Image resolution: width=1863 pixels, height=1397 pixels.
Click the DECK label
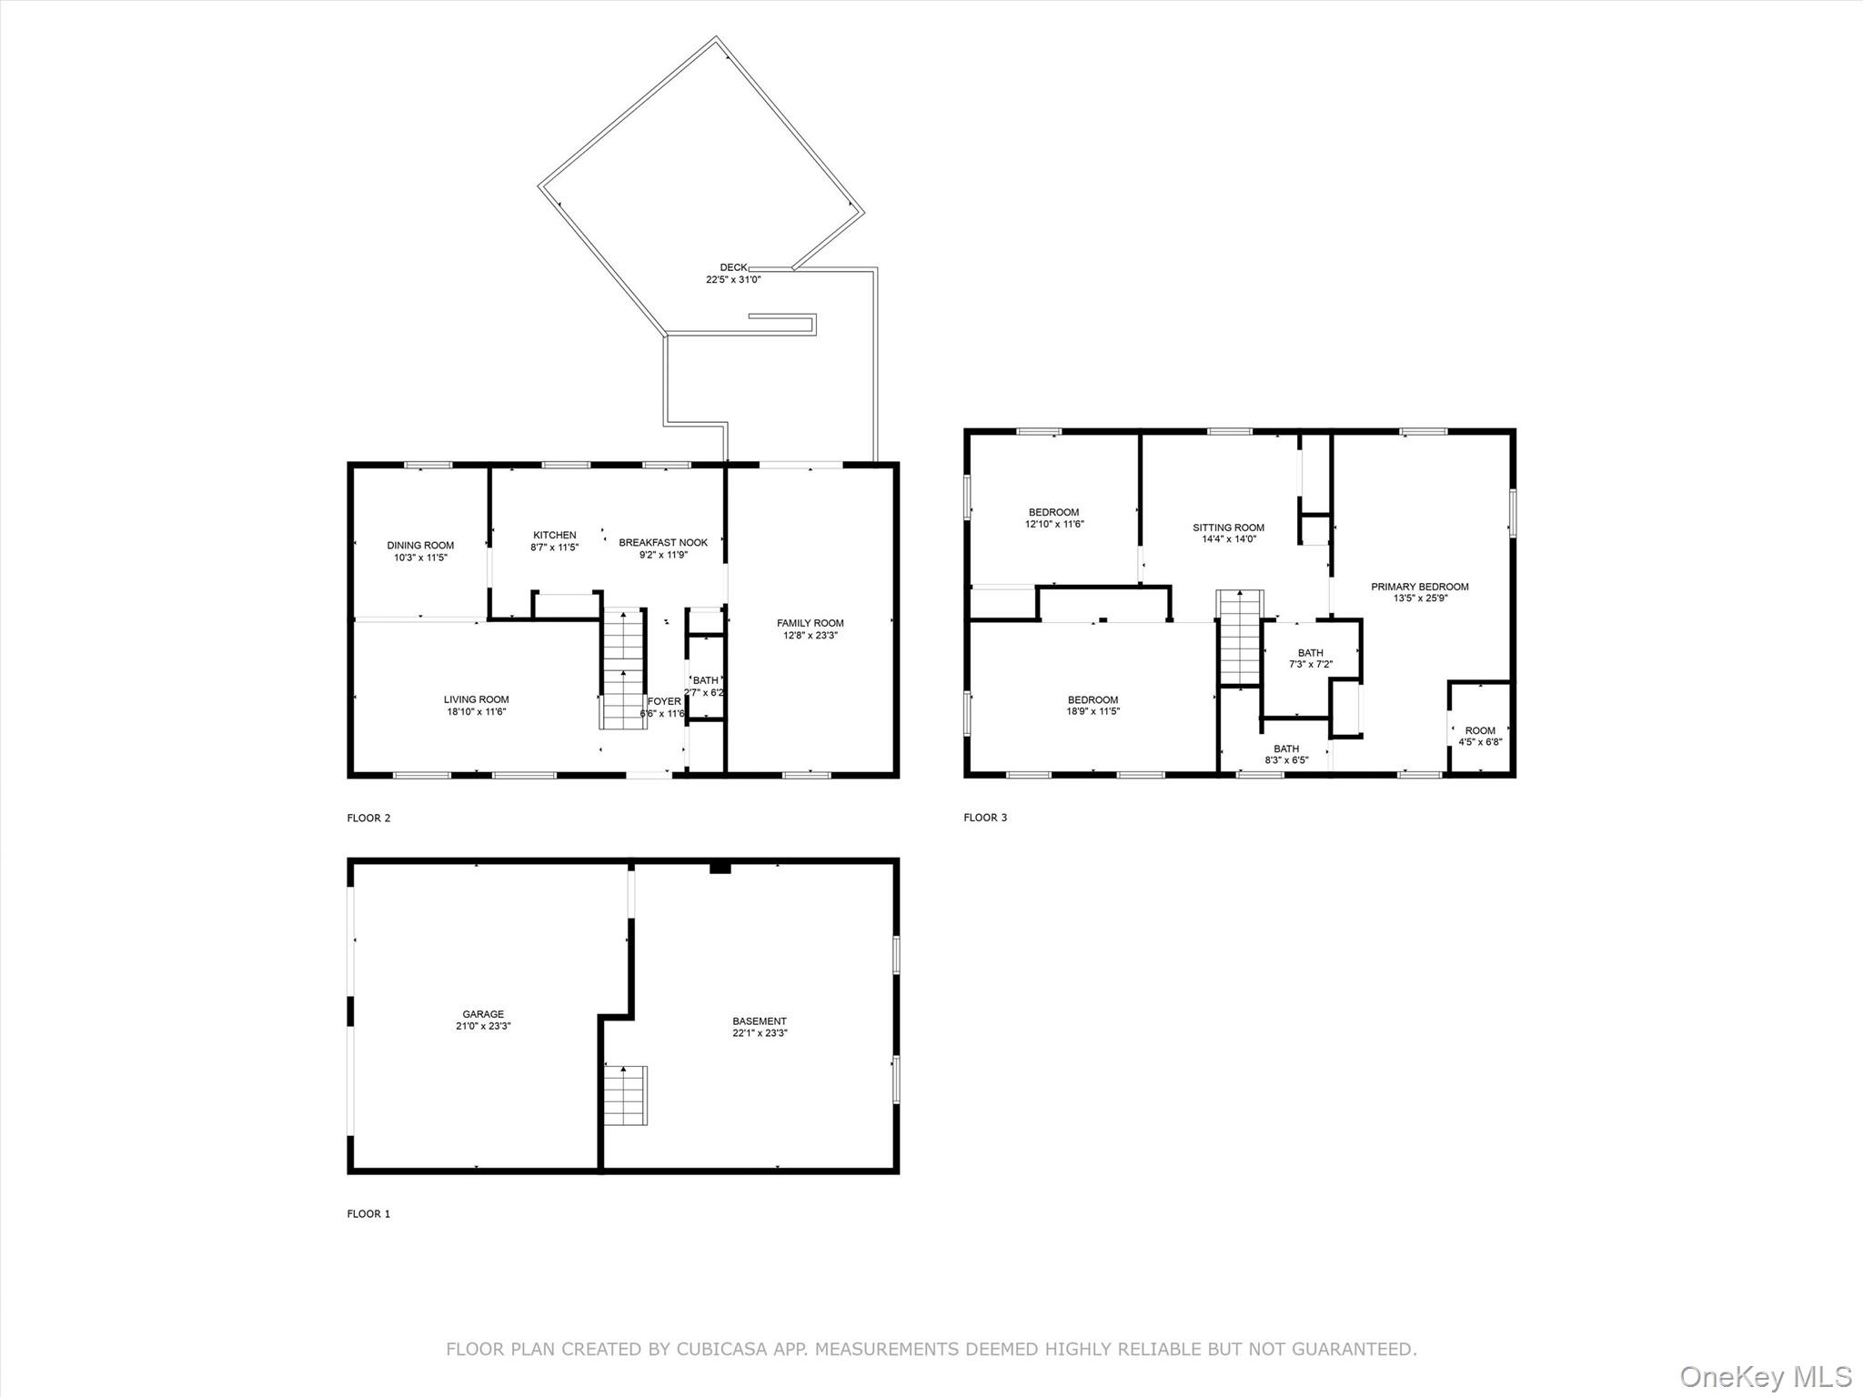coord(733,267)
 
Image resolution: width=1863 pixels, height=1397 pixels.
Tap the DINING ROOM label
coord(420,546)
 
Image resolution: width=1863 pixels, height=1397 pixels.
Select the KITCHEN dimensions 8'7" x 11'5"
coord(555,548)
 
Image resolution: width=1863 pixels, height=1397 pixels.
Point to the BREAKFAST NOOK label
coord(663,543)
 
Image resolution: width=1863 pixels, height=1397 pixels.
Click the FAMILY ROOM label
coord(810,623)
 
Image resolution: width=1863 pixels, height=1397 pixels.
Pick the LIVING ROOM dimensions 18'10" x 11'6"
coord(477,712)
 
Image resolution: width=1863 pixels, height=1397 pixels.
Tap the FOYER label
coord(664,701)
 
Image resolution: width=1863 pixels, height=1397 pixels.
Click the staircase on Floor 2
coord(623,668)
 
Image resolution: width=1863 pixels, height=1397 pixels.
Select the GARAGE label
coord(483,1014)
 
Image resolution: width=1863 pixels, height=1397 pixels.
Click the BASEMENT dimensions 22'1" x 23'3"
coord(760,1033)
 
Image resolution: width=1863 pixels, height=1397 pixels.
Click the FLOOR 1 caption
coord(368,1213)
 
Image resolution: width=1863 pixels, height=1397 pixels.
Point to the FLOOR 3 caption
coord(985,818)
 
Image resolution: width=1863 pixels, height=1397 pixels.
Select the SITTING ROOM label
coord(1228,528)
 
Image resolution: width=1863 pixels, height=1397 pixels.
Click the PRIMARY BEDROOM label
coord(1419,587)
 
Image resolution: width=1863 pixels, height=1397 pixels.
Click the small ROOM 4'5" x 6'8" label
coord(1480,730)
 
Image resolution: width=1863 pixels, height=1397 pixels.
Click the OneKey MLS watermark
coord(1765,1376)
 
